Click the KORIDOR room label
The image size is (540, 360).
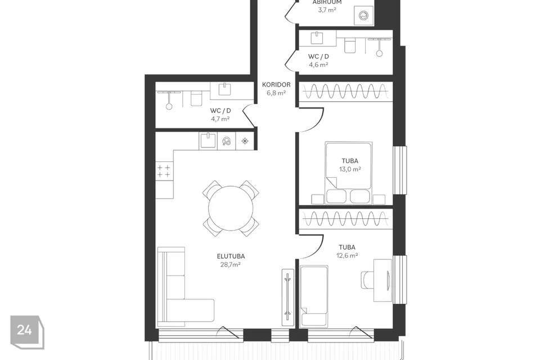click(276, 84)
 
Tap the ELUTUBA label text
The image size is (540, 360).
click(231, 256)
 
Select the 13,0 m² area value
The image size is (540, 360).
click(350, 169)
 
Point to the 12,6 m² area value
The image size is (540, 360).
click(347, 255)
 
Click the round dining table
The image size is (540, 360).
click(231, 208)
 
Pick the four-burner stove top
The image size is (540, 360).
click(164, 171)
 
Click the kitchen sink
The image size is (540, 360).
click(208, 141)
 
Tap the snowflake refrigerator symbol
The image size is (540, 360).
click(245, 141)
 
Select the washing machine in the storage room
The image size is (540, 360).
click(364, 16)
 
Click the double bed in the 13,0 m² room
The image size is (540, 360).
click(349, 172)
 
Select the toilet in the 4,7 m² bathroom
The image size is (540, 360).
click(196, 99)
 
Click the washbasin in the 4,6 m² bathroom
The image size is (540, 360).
click(317, 38)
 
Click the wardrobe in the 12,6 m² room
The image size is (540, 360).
click(346, 218)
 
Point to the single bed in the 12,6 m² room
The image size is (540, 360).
click(314, 296)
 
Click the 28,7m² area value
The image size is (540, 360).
click(231, 264)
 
